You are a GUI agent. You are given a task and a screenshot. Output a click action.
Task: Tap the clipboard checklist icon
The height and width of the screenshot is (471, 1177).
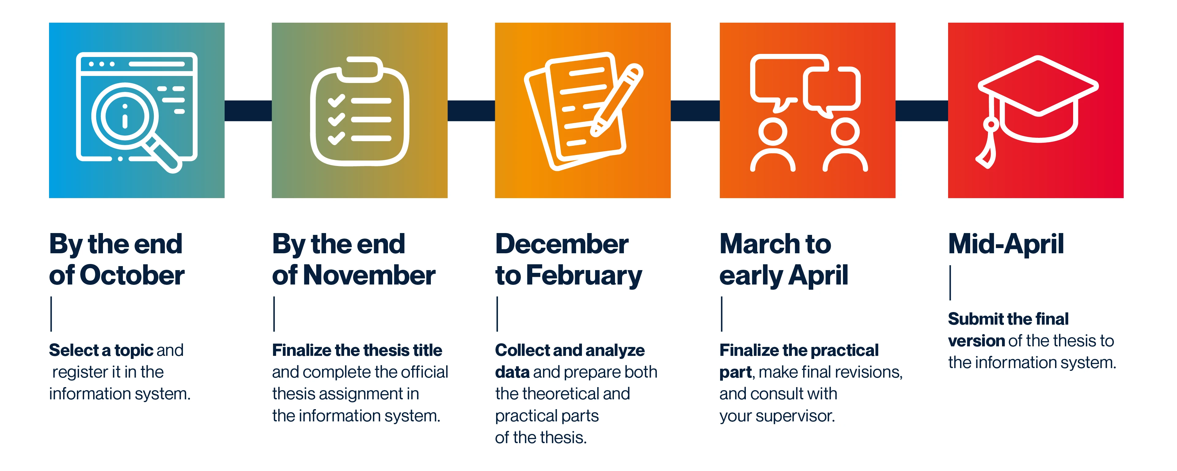[x=359, y=111]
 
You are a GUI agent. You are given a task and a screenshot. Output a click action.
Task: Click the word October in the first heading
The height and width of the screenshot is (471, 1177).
[x=132, y=276]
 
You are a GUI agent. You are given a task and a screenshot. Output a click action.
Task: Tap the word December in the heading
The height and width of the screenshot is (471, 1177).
[x=562, y=244]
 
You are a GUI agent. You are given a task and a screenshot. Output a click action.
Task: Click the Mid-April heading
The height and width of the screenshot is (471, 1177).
[x=1006, y=244]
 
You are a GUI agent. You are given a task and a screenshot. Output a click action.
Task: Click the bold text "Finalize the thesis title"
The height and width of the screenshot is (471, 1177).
[x=357, y=350]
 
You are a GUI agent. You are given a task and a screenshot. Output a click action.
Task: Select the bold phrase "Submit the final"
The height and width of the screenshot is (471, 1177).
[x=1008, y=319]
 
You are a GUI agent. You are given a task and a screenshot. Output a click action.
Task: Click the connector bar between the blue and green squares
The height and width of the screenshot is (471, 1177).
[x=248, y=111]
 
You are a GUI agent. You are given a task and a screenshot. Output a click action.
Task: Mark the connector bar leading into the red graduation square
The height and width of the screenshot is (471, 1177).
[x=921, y=111]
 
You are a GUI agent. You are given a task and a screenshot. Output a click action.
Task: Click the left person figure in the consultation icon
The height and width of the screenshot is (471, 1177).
[x=773, y=144]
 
